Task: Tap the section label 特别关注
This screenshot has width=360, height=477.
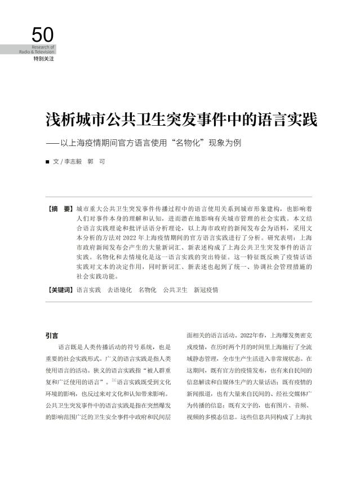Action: coord(43,59)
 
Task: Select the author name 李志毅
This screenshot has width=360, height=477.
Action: coord(71,161)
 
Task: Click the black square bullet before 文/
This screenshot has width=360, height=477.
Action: coord(47,162)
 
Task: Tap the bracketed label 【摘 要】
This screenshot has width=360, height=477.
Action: coord(61,209)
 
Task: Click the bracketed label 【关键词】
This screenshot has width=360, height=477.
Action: coord(61,290)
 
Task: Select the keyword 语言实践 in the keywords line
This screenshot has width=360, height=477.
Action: coord(88,290)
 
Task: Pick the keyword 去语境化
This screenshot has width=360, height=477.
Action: coord(119,290)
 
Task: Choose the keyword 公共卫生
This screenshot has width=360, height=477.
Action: coord(175,290)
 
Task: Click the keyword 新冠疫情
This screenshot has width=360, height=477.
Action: coord(206,290)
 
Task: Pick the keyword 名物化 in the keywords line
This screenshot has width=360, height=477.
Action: coord(148,290)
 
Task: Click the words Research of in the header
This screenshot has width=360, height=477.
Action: coord(44,47)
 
